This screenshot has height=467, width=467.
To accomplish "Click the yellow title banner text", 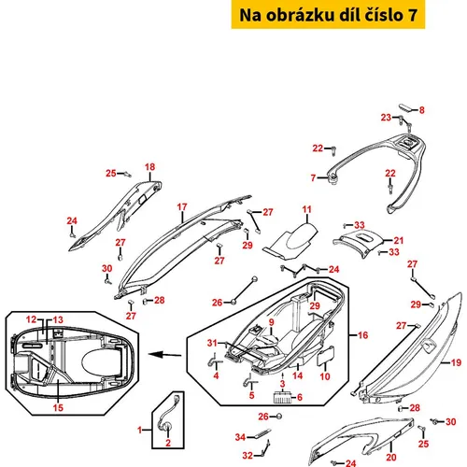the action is point(328,15).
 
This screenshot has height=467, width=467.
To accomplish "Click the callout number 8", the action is point(421,110).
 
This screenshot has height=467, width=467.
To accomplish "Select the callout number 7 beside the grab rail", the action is point(313,177).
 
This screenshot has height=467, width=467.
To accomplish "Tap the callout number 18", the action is point(149,167).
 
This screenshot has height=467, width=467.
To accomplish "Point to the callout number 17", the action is point(182,207).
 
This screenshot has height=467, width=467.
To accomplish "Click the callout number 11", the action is point(306,209).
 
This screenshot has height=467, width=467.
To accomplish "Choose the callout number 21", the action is point(399,240).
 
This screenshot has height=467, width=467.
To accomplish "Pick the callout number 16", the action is point(362,335).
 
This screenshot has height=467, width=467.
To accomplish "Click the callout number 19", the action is point(456,362).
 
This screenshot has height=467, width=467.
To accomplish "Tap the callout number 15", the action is point(58,407).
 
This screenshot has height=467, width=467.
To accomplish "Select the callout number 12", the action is point(31,319).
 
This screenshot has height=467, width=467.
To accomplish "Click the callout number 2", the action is point(168,443).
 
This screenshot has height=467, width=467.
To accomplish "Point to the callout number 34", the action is point(240,437).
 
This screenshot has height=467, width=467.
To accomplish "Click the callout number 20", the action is point(391,457).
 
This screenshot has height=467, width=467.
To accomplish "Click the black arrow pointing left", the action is point(164,355).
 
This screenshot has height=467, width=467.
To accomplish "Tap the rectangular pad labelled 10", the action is point(326,356).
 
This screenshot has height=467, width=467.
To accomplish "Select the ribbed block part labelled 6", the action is point(283,398).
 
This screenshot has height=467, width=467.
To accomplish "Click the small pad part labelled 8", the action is point(406,107).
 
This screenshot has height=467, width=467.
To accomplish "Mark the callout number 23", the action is point(386,118).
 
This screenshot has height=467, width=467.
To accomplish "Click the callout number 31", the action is point(212,343).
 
